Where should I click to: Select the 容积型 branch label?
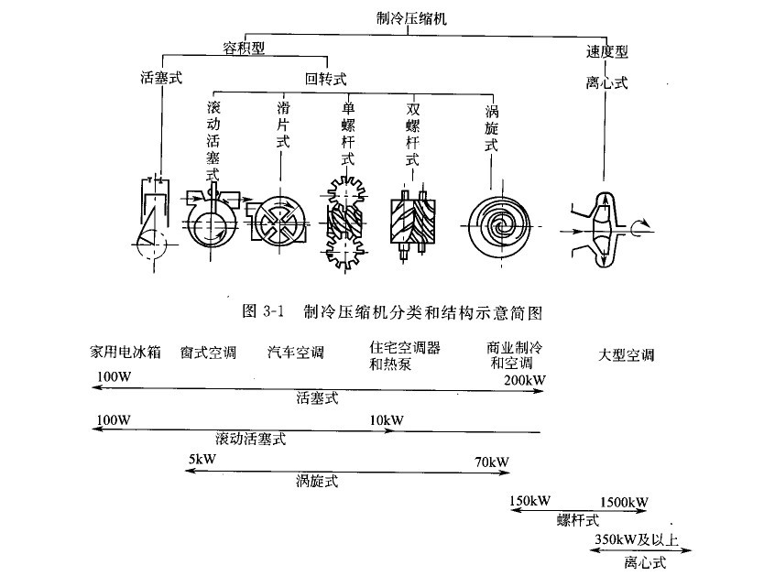click(245, 46)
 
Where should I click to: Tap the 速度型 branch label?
click(607, 51)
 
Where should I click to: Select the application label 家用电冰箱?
click(126, 352)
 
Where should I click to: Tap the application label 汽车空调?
click(296, 352)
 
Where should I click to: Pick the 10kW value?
click(387, 419)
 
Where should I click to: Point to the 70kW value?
click(491, 461)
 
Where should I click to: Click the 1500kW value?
click(623, 503)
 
